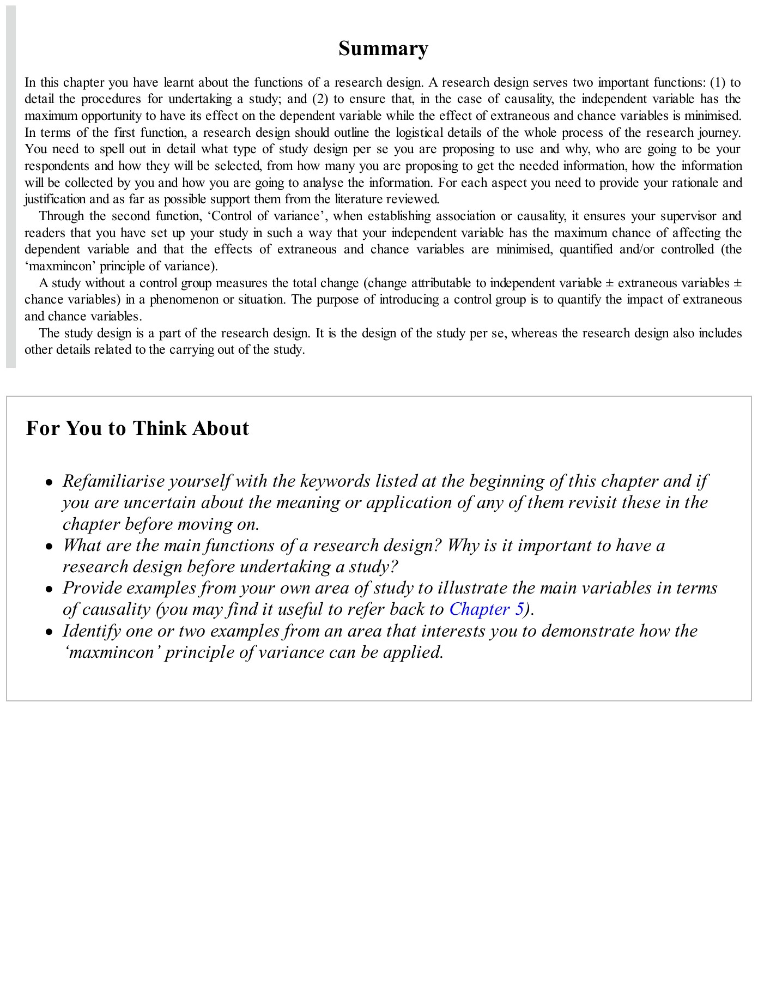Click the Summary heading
pyautogui.click(x=383, y=49)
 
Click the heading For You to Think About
pyautogui.click(x=137, y=428)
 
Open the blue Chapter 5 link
pyautogui.click(x=486, y=609)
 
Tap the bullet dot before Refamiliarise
pyautogui.click(x=50, y=482)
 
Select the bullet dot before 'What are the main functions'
pyautogui.click(x=50, y=547)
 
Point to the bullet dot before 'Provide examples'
pyautogui.click(x=50, y=589)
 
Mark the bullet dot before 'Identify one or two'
pyautogui.click(x=50, y=632)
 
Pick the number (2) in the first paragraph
pyautogui.click(x=320, y=99)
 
